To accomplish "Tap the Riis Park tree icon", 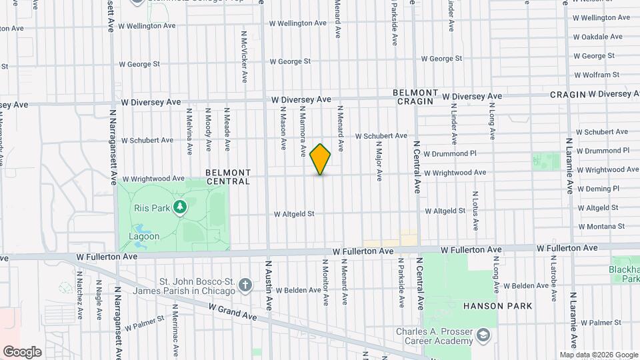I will pos(179,208).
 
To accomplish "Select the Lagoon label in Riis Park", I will pos(144,236).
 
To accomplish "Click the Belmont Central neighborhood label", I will pos(228,177).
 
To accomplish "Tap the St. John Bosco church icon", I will pos(245,285).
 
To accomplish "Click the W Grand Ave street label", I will pos(233,311).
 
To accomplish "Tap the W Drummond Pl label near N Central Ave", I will pos(450,153).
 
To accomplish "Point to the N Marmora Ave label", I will pos(303,127).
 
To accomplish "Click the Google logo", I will pos(22,351).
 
